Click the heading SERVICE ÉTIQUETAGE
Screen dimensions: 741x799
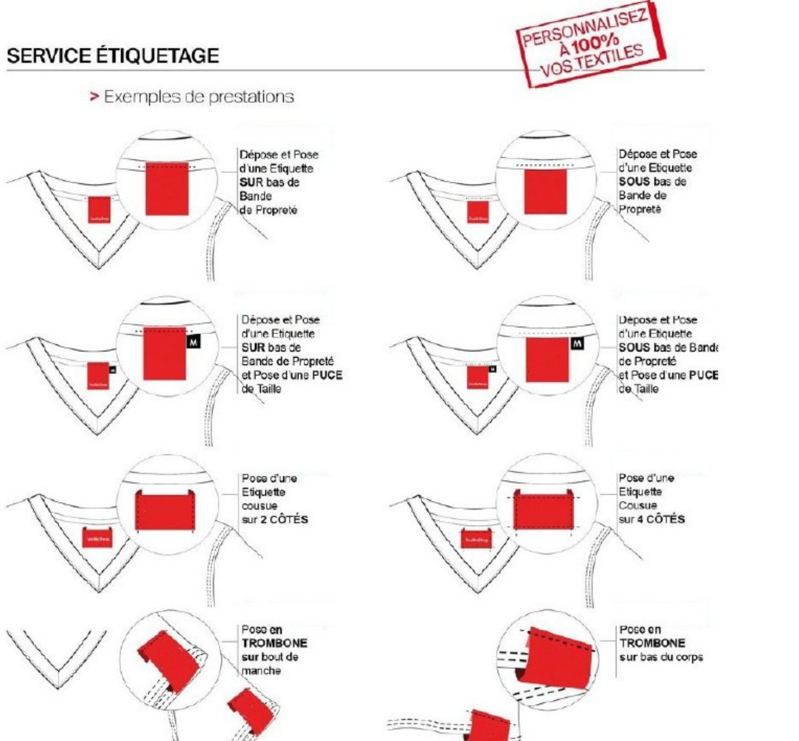click(113, 56)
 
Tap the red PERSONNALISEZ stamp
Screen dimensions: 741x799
click(591, 45)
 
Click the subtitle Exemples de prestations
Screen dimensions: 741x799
click(199, 97)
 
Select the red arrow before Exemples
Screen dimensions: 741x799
click(94, 97)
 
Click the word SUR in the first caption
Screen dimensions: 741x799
click(252, 182)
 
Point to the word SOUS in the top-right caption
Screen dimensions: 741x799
click(634, 182)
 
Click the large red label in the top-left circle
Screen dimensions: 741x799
click(167, 189)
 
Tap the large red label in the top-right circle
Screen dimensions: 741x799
click(545, 192)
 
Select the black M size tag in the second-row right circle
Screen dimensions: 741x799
click(578, 344)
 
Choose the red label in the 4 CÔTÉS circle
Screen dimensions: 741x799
click(543, 510)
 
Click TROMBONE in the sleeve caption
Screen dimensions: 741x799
click(275, 643)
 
